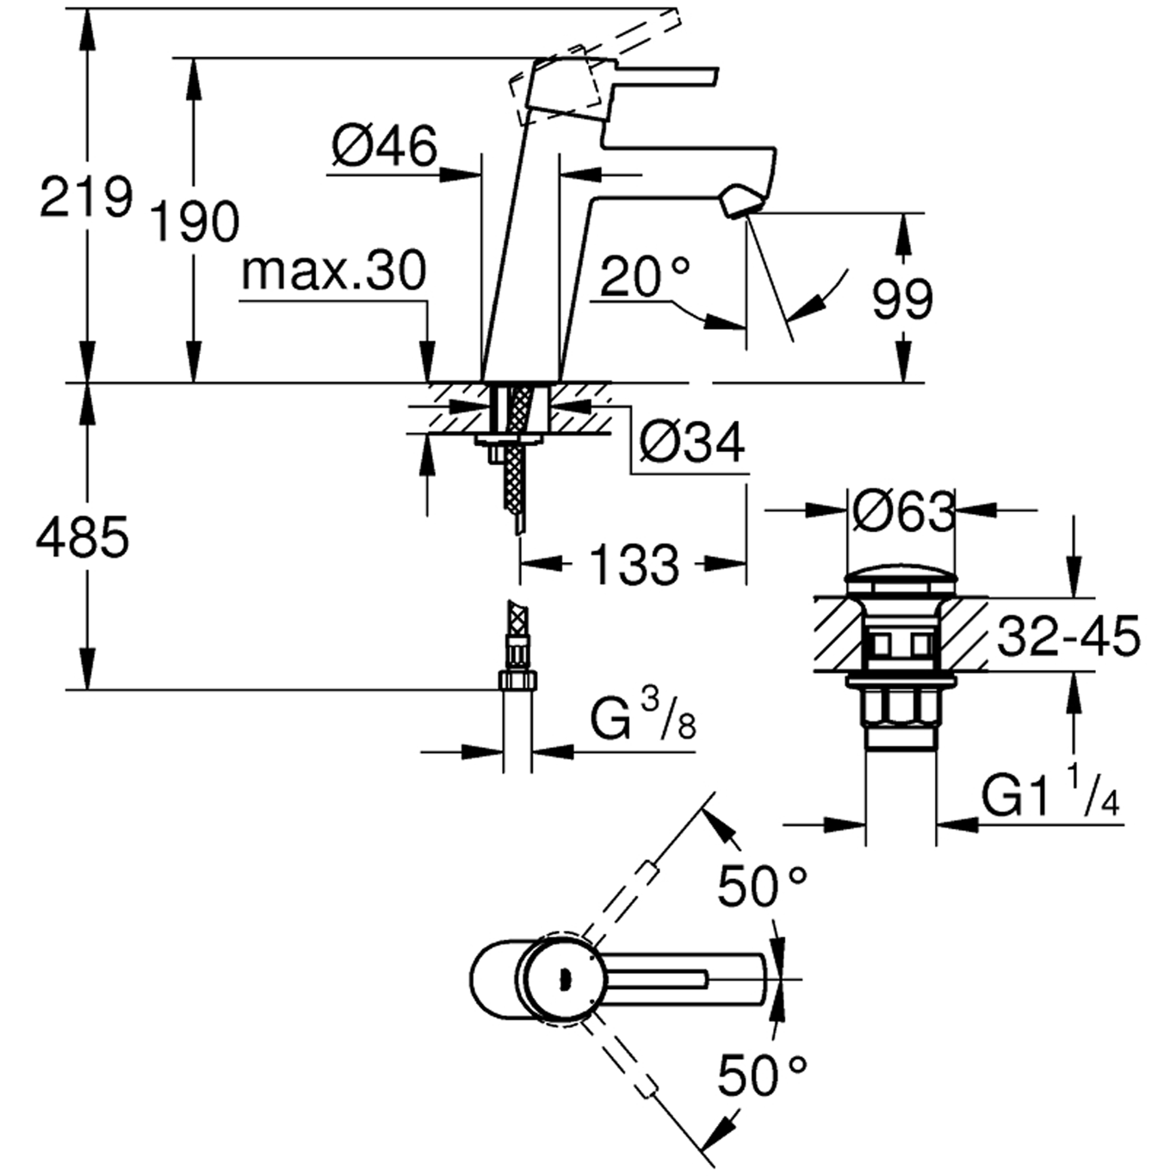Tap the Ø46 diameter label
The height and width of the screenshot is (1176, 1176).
tap(384, 145)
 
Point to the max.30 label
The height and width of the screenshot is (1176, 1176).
tap(333, 271)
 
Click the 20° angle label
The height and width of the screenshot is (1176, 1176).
tap(645, 277)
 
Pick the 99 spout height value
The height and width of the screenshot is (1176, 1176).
tap(901, 300)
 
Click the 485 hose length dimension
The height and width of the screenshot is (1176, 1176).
tap(83, 537)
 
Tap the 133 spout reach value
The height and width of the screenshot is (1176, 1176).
tap(634, 565)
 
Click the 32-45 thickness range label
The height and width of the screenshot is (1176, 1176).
tap(1068, 637)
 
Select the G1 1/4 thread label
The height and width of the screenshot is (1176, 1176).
tap(1050, 795)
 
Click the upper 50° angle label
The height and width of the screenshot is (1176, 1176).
tap(762, 886)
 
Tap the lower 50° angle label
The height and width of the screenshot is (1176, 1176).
tap(762, 1074)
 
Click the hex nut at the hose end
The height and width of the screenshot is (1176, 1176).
tap(517, 680)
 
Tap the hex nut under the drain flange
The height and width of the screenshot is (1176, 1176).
tap(901, 708)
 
